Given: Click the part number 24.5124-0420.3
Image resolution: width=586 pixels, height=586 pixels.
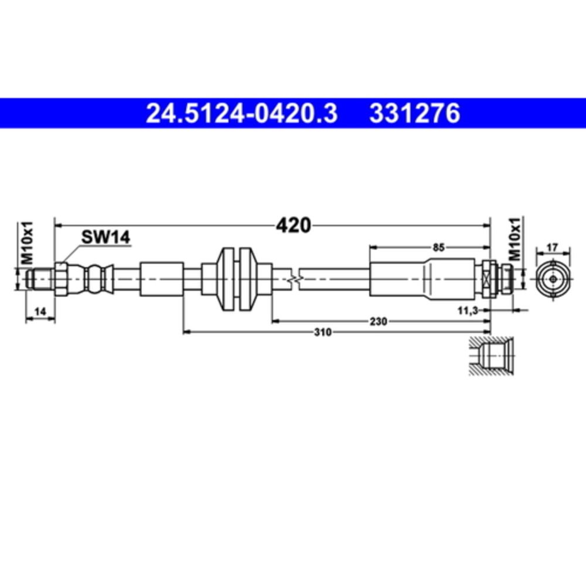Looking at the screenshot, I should pos(241,114).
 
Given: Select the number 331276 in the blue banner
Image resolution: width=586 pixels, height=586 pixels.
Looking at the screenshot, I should pos(414,114).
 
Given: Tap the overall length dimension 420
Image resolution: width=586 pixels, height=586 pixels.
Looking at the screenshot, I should pos(294,224).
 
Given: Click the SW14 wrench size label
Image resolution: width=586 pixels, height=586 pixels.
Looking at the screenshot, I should pos(105,237).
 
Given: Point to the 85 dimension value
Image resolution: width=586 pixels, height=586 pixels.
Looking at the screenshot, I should pos(438,247).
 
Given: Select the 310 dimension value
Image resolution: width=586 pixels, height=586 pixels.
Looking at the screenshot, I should pos(323,332).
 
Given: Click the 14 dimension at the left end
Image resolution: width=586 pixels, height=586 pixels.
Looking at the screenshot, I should pos(39,313).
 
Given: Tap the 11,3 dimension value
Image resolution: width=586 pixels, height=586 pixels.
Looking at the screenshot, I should pos(468,311).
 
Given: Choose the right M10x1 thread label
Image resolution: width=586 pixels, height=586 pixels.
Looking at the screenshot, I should pos(514,239).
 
